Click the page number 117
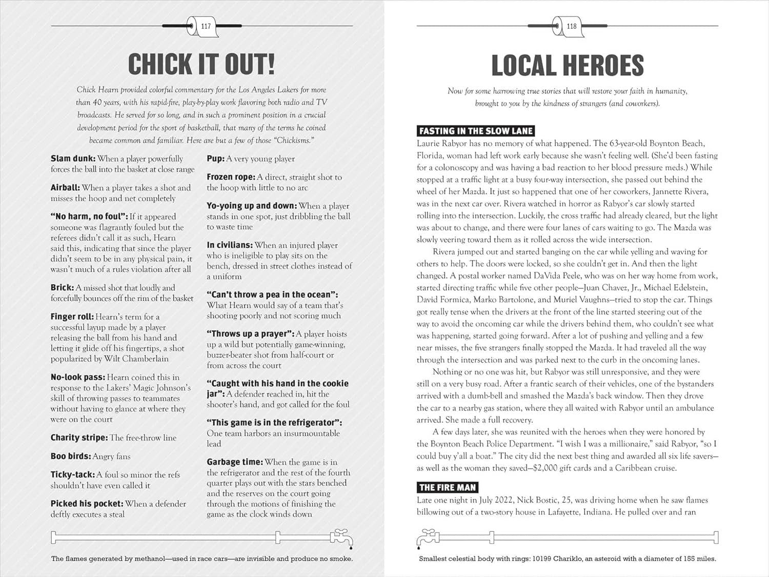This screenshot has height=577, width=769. [206, 26]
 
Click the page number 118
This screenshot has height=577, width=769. [571, 26]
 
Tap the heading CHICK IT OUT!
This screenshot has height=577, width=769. [201, 65]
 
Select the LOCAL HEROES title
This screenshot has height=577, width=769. [567, 66]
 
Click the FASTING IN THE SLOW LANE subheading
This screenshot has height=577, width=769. [476, 131]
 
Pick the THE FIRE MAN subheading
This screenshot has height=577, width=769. [447, 487]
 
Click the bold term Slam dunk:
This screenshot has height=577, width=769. [73, 159]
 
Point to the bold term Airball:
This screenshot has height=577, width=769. [65, 188]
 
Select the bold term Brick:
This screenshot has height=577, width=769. [62, 288]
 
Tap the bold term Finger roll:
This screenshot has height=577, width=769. [72, 317]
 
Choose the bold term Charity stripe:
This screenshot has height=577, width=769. [79, 437]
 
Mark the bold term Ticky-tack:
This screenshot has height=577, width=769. [72, 475]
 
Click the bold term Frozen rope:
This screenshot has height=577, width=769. [231, 177]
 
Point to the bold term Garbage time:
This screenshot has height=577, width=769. [234, 462]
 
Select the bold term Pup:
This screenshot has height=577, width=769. [215, 159]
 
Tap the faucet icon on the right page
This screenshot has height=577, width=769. [428, 538]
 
